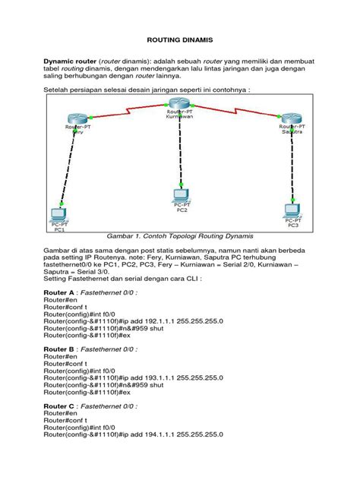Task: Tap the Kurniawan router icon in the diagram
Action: point(180,104)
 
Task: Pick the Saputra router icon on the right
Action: point(291,118)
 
